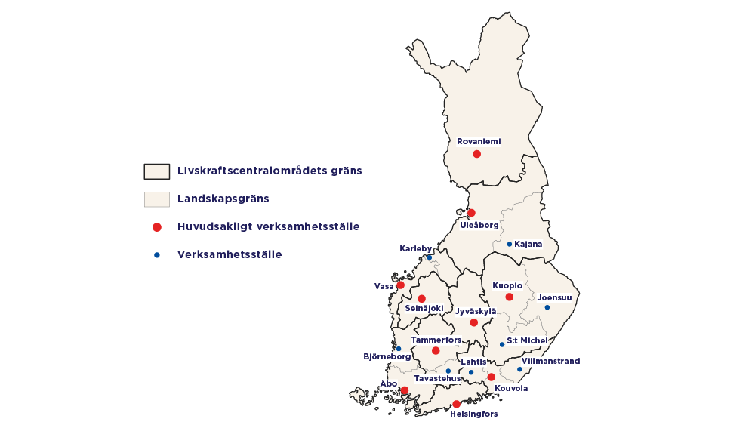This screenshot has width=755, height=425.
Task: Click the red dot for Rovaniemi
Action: point(476,154)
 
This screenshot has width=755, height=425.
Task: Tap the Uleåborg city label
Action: point(479,225)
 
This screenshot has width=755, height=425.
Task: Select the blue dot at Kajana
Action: point(510,244)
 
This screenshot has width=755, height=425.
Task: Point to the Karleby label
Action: point(415,248)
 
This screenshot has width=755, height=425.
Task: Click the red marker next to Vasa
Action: point(400,285)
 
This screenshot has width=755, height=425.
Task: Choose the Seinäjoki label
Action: point(424,308)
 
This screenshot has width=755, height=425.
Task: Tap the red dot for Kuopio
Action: point(510,297)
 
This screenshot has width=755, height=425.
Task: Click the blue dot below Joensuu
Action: point(547,307)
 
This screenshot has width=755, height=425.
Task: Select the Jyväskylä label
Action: point(476,311)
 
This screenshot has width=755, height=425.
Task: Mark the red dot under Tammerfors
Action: point(436,350)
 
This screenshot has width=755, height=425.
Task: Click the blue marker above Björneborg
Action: point(399,349)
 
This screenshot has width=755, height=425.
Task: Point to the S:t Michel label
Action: point(527,341)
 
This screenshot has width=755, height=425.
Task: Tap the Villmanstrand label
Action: point(551,361)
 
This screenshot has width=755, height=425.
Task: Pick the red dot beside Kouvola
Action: point(491,377)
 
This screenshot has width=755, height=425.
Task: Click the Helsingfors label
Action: point(474,414)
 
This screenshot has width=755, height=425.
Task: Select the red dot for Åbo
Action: point(405,390)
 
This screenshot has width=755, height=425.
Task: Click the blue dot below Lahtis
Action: point(471,372)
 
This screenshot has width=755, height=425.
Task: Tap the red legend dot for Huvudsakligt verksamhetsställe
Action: point(157,226)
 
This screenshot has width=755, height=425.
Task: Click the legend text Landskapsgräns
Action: point(223,199)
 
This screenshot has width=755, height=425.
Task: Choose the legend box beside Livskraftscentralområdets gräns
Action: point(157,171)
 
